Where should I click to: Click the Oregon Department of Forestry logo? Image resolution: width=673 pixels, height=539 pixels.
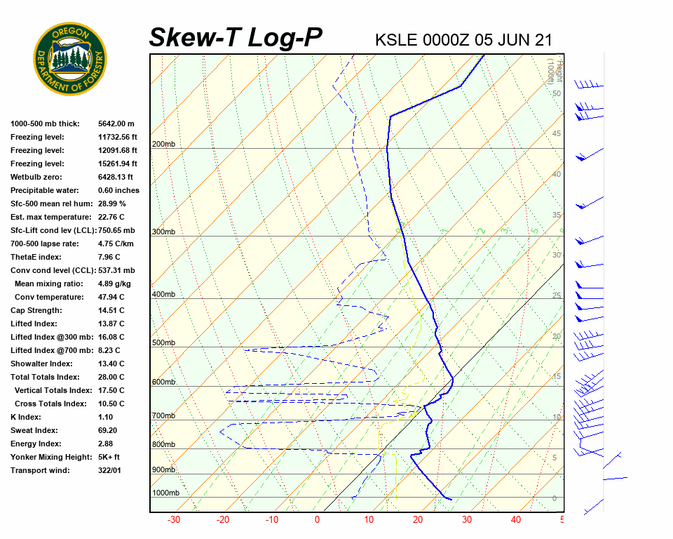click(x=70, y=59)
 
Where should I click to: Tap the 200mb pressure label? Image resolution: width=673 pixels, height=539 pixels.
click(x=163, y=144)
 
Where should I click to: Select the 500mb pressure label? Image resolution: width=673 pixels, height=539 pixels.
click(x=163, y=342)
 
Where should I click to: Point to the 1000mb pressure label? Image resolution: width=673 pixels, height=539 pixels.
click(x=165, y=493)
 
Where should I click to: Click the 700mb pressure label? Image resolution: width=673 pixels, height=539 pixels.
click(x=163, y=415)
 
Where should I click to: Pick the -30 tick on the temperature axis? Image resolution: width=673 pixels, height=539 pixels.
click(x=174, y=520)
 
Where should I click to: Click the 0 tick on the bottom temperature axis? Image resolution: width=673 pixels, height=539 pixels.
click(x=317, y=520)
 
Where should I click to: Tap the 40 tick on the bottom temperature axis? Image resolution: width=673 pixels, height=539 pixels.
click(x=516, y=520)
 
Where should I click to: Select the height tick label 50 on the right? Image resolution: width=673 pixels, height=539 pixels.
click(x=556, y=93)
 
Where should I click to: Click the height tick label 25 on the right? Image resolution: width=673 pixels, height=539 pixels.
click(x=556, y=295)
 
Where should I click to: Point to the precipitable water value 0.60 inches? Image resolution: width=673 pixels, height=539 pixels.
click(x=118, y=190)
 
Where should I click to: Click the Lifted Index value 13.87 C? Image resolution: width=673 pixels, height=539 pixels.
click(x=111, y=324)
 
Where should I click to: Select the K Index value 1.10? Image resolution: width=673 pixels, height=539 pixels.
click(x=105, y=417)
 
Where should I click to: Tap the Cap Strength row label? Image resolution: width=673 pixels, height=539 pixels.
click(x=36, y=310)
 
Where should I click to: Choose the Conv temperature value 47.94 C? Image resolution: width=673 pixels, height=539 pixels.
click(x=111, y=297)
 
